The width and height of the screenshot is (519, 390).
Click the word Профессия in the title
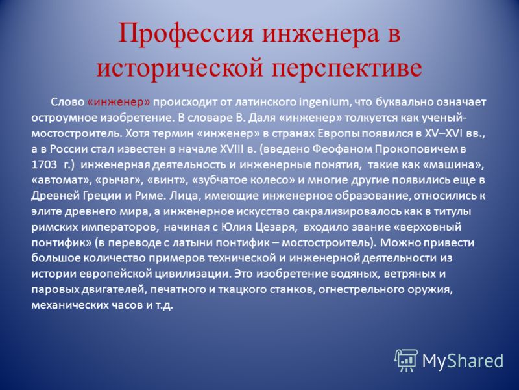(186, 34)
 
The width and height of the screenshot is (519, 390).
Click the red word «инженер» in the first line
(119, 102)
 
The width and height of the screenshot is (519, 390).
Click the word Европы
(338, 134)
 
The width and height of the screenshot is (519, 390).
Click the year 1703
(44, 165)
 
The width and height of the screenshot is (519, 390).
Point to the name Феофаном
(342, 149)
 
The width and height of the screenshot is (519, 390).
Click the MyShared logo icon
(406, 361)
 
